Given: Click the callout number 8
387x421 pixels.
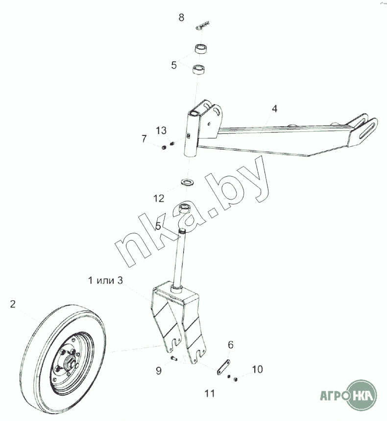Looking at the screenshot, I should [x=181, y=18].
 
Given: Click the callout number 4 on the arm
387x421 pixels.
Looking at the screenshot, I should [x=275, y=109].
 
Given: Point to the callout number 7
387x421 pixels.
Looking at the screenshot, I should [x=144, y=139].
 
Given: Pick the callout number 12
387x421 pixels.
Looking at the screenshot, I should [x=159, y=199].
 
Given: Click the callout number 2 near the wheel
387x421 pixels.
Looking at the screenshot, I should [x=13, y=304].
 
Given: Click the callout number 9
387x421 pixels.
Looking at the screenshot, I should [x=158, y=371].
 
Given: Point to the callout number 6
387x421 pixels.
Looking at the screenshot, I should [x=230, y=345].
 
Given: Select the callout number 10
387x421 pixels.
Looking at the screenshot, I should [x=257, y=369].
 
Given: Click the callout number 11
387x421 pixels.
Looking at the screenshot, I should [x=210, y=393].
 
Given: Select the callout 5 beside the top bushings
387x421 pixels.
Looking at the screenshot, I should [x=174, y=65].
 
